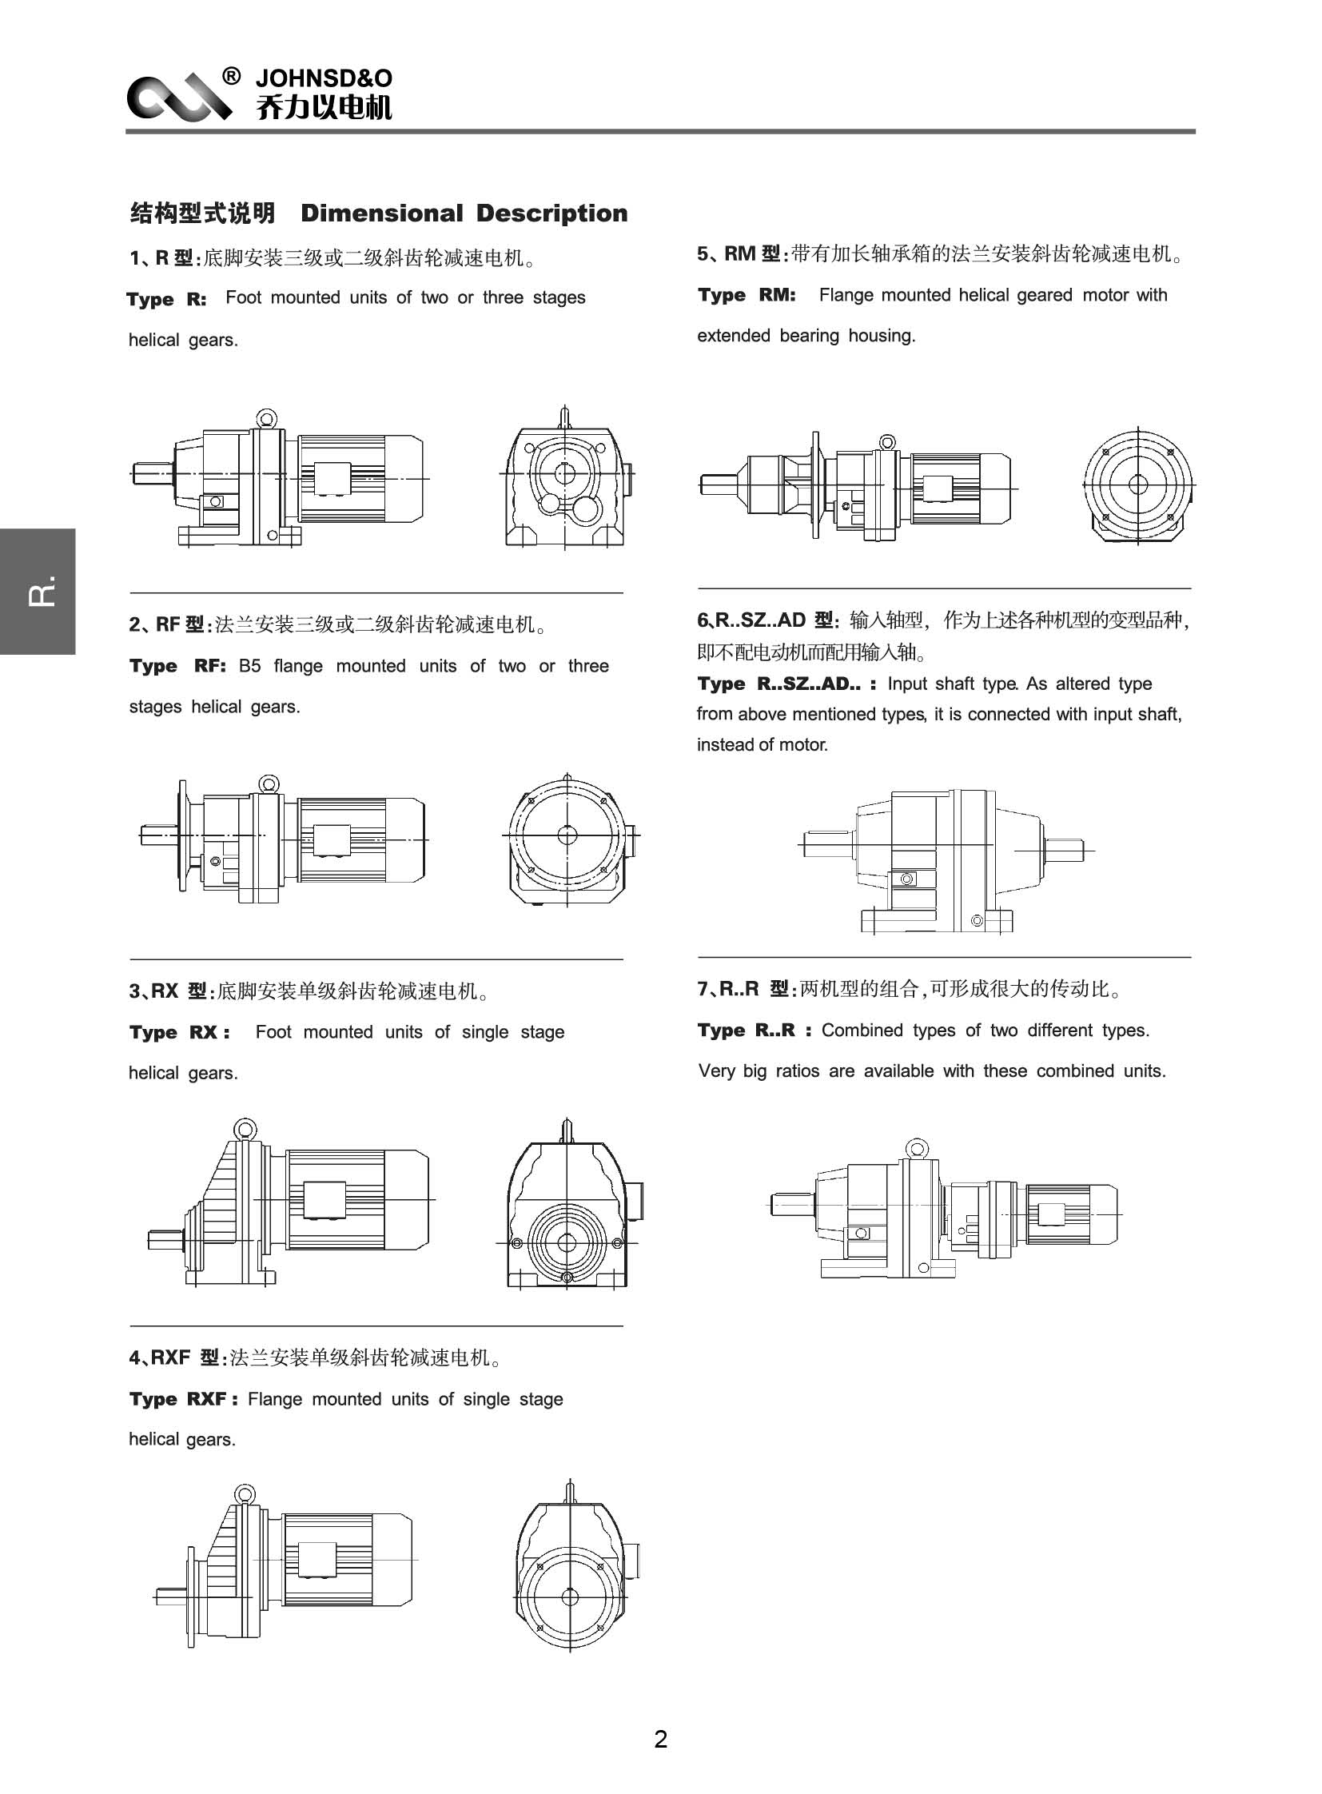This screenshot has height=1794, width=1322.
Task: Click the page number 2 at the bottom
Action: click(660, 1739)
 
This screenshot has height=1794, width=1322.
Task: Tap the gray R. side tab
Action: click(38, 592)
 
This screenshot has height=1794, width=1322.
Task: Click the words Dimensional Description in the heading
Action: click(464, 213)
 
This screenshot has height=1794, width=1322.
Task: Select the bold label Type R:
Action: click(166, 300)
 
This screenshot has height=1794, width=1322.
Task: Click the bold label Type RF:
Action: click(177, 666)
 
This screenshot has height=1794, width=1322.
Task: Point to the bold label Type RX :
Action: click(179, 1033)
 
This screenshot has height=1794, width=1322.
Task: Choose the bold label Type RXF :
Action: click(183, 1399)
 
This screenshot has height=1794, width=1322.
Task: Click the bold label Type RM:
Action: click(746, 295)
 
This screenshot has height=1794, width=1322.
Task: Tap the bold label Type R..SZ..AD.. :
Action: click(786, 684)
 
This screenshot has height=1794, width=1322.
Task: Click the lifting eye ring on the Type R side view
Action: click(266, 418)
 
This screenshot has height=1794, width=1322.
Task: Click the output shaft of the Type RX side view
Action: click(165, 1241)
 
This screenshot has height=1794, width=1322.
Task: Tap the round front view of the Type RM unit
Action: click(1138, 484)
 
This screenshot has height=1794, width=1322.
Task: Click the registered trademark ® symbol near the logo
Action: click(230, 77)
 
